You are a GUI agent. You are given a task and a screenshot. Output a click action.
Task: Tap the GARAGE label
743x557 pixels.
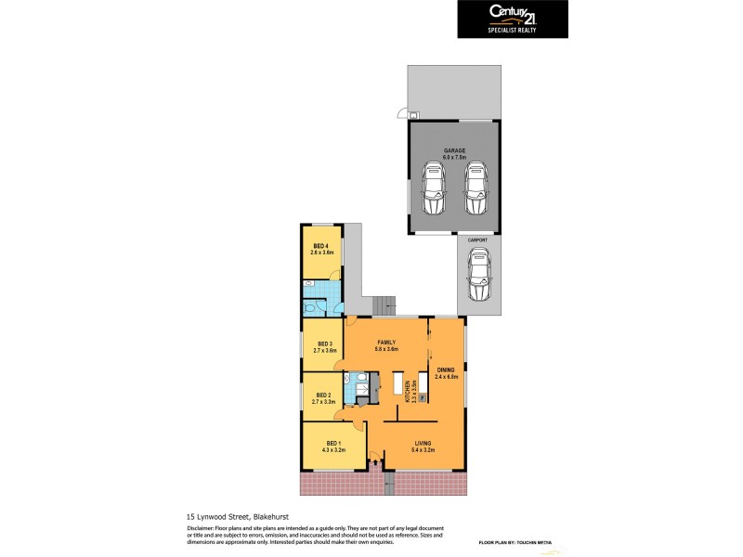pos(454,150)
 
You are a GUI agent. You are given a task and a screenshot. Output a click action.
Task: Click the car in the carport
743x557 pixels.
pos(479,276)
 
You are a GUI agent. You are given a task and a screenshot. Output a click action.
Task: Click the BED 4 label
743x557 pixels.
pos(320,245)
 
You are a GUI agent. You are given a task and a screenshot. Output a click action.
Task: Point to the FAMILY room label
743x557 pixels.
pos(386,342)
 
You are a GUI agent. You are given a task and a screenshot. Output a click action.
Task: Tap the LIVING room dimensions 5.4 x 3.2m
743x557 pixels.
pos(424,450)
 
